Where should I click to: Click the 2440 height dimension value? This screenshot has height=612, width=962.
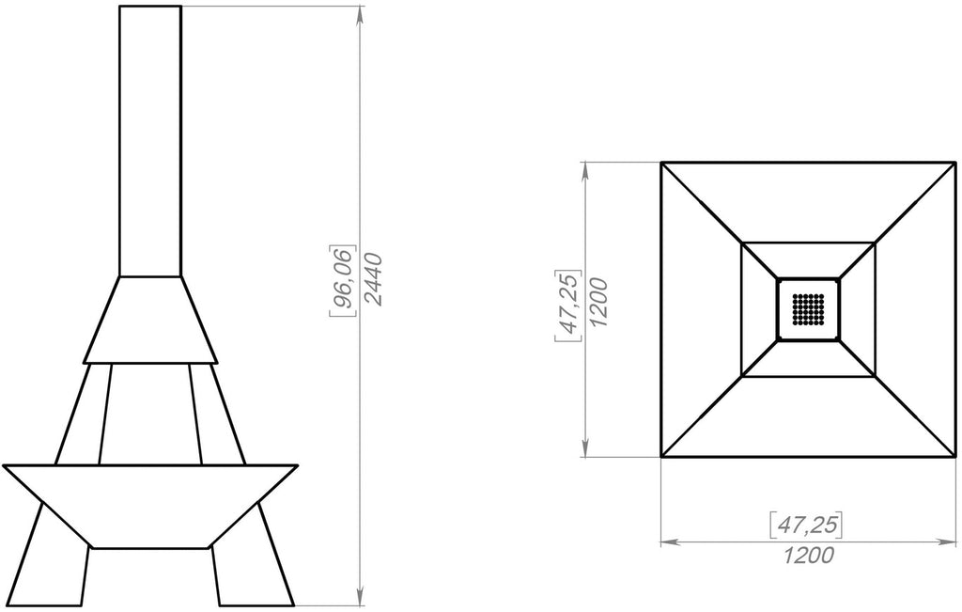(373, 279)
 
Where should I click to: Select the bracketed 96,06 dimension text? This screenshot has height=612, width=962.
(343, 280)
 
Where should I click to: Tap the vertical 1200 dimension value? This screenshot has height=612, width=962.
(598, 303)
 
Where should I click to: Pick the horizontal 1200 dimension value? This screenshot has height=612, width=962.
(809, 555)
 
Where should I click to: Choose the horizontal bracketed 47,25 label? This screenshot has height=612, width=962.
(805, 525)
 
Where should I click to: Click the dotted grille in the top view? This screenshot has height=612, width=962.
(808, 308)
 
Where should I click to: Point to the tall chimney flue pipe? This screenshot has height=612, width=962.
(150, 141)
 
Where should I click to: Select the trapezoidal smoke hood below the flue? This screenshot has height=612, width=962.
(150, 320)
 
